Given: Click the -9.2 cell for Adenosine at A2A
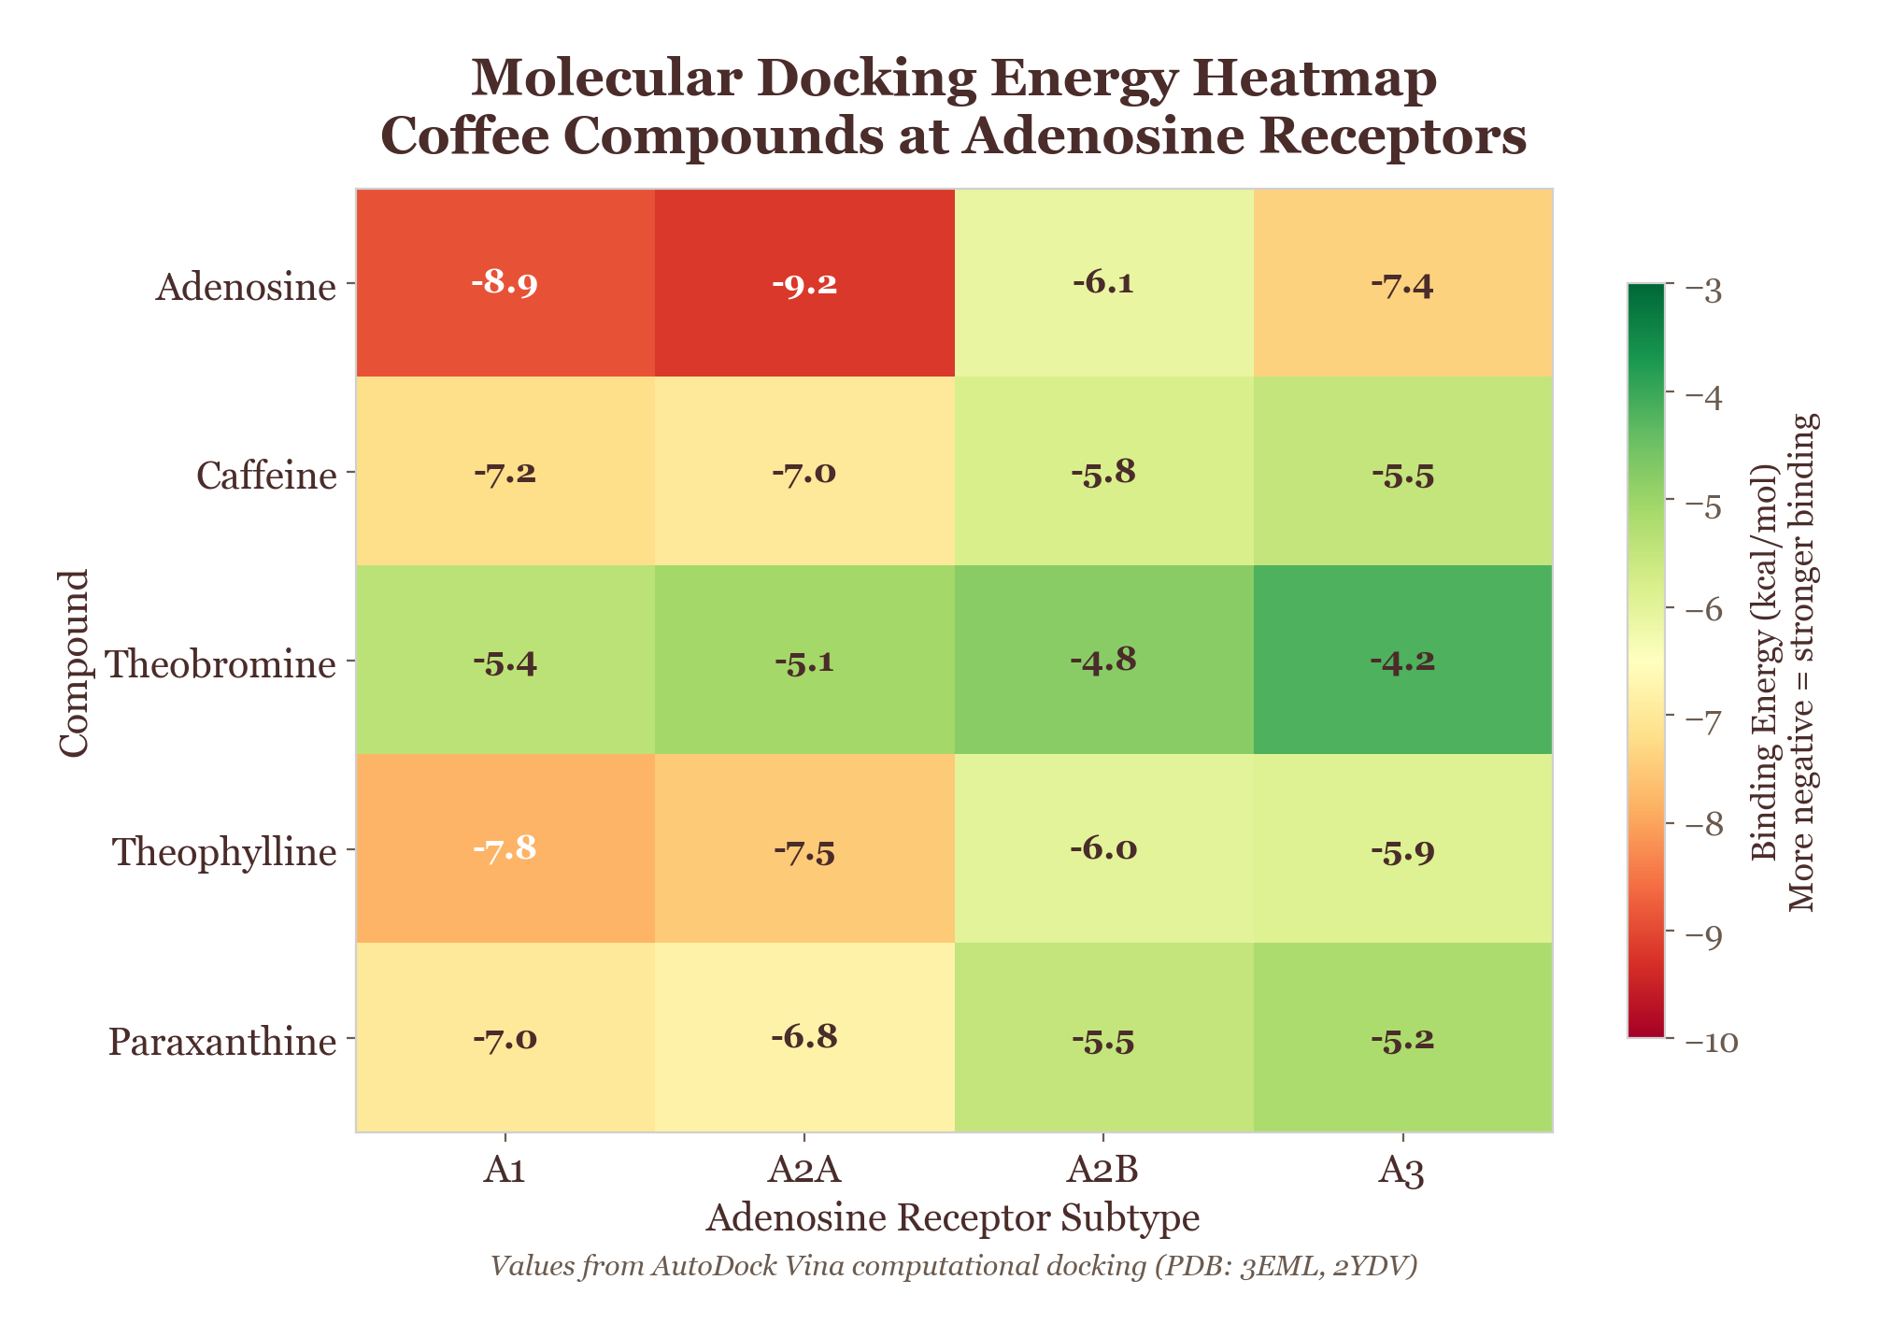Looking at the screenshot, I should [x=803, y=284].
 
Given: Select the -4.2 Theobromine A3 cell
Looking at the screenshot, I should [x=1401, y=661].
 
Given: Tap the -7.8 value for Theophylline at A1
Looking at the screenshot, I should [x=505, y=850].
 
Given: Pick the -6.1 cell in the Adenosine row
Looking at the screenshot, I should [x=1102, y=284].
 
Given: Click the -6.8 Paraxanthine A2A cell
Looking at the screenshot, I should [x=803, y=1038].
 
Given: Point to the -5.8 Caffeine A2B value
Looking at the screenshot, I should [x=1102, y=473].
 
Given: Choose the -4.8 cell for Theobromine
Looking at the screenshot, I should [x=1102, y=661].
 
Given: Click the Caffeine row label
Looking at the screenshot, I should [x=265, y=476].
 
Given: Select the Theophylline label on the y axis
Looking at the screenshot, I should [x=223, y=852].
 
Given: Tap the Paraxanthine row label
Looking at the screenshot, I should [x=221, y=1041].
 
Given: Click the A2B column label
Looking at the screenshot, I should [x=1102, y=1170].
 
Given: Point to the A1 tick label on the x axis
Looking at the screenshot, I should [x=505, y=1170].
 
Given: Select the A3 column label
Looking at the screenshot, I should [x=1401, y=1170].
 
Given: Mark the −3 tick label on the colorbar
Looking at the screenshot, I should [x=1706, y=292].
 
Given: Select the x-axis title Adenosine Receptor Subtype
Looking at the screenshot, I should [x=953, y=1218].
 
